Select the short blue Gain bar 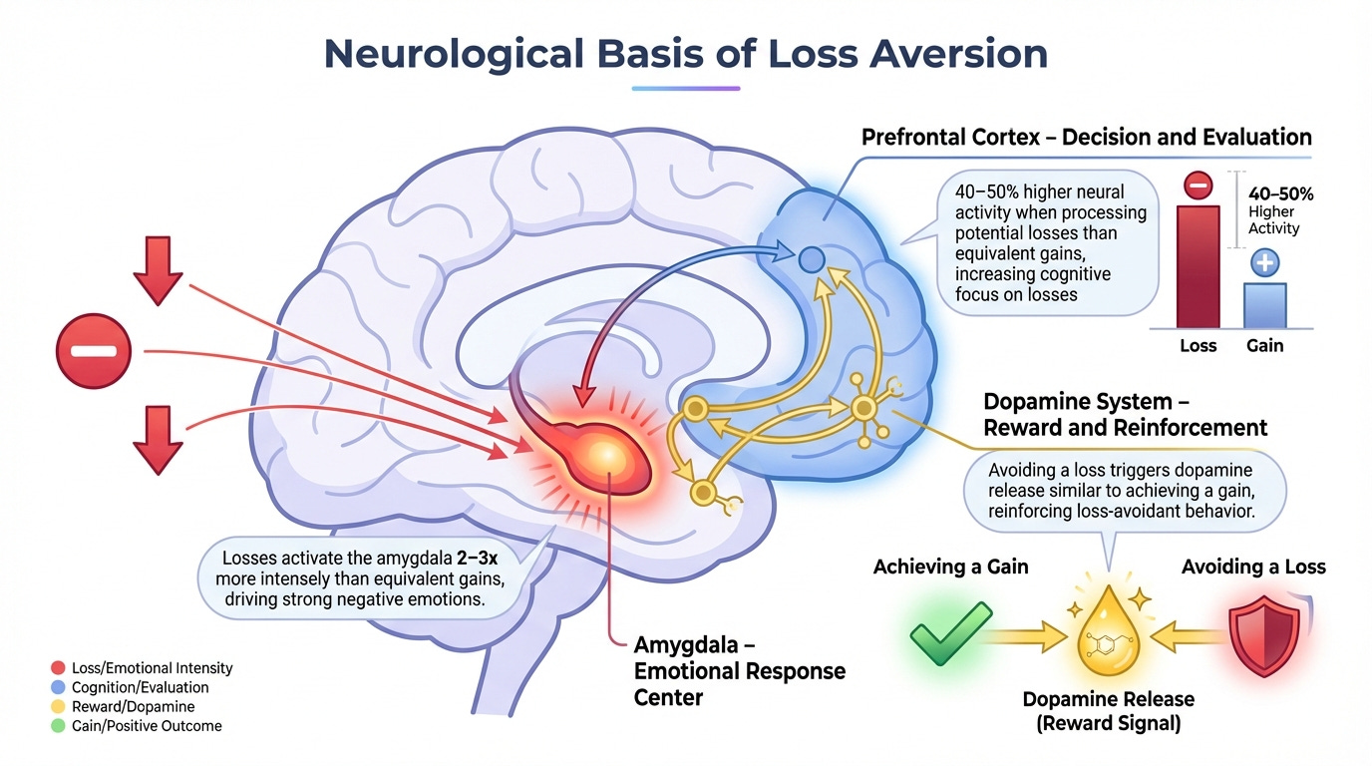tap(1263, 304)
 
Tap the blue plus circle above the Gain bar tap(1264, 263)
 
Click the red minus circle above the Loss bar tap(1199, 186)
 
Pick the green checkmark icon tap(951, 632)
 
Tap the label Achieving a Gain tap(950, 567)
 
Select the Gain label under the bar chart tap(1263, 346)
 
